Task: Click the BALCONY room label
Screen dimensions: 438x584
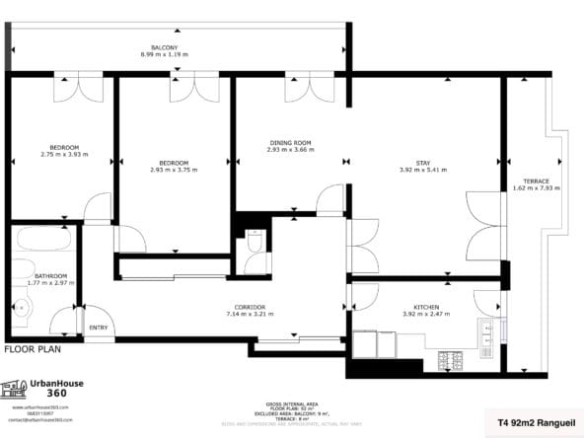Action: [164, 48]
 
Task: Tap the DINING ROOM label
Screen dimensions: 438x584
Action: [291, 143]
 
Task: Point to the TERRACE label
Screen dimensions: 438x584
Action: [536, 182]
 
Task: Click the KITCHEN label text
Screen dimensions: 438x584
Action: [426, 308]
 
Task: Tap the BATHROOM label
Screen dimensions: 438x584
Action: [49, 276]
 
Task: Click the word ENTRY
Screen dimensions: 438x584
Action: [99, 328]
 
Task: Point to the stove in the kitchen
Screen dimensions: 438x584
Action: [451, 362]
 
